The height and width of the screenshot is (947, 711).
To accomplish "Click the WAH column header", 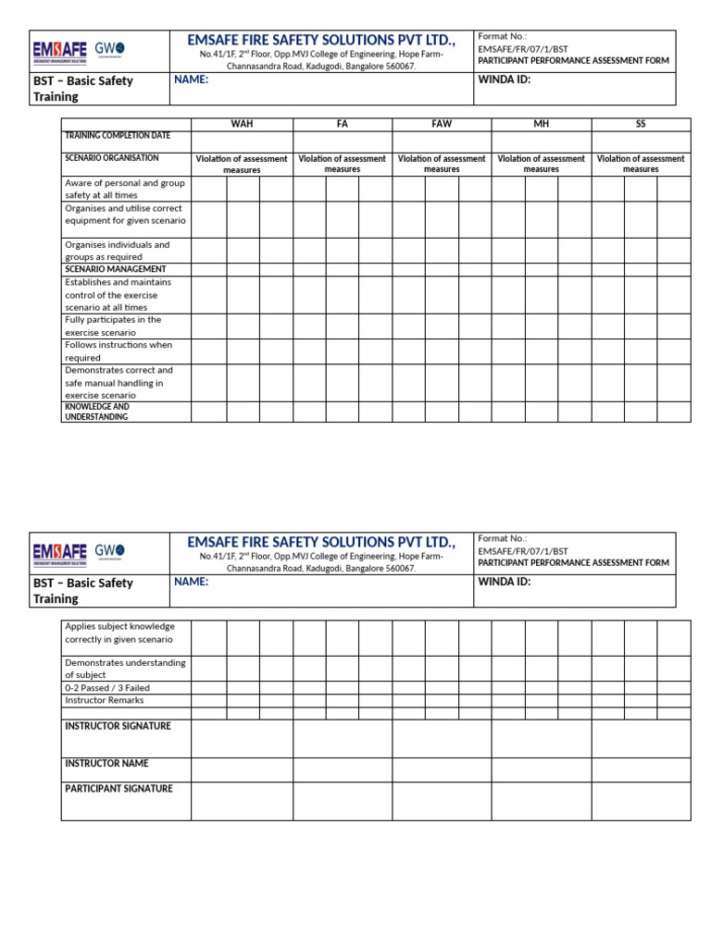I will coord(242,124).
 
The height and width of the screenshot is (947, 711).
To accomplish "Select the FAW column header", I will coord(442,124).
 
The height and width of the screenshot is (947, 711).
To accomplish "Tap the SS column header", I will coord(641,124).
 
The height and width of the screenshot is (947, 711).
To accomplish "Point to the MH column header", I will coord(541,124).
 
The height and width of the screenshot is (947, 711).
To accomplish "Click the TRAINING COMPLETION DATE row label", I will coord(117,136).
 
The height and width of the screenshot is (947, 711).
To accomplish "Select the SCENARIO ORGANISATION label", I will coord(112,158).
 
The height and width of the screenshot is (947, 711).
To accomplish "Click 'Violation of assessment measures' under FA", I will coord(342,164).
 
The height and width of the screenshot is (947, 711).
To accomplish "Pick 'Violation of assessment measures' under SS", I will coord(641,164).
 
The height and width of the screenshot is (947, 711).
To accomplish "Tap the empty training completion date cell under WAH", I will coord(242,141).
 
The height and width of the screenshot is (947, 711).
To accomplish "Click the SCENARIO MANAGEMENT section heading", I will coord(116,269).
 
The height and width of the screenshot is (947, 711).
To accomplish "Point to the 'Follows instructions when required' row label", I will coord(118,351).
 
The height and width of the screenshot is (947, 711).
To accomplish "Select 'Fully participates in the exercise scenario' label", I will coord(113,326).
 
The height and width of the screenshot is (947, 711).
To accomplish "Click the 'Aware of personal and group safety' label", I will coord(124,189).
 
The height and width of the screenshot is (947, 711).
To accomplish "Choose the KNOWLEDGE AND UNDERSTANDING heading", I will coord(97,412).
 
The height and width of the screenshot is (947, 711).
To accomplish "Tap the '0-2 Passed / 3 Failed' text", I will coord(107,688).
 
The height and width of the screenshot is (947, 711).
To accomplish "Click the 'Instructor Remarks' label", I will coord(104,700).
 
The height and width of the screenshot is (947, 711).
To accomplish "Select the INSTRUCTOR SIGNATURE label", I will coord(118,726).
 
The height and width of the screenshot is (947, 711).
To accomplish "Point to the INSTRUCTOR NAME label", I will coord(106,764).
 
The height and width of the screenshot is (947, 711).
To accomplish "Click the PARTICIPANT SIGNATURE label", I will coord(118,789).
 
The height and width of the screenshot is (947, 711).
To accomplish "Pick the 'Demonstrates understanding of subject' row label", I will coord(125,669).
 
